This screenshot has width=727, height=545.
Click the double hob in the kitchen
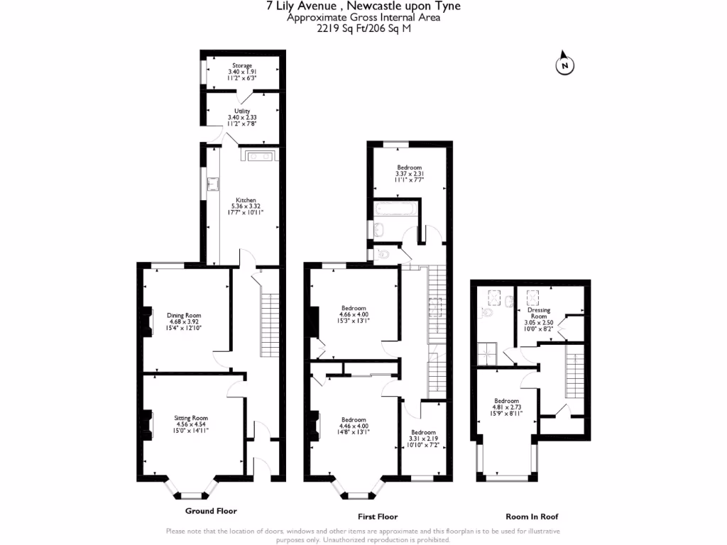click(x=259, y=156)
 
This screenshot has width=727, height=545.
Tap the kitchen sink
click(x=213, y=184)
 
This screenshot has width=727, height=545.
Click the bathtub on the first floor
click(x=396, y=209)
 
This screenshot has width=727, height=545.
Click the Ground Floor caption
click(x=211, y=511)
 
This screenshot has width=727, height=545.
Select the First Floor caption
click(x=378, y=517)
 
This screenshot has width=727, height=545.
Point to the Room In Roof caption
click(x=532, y=517)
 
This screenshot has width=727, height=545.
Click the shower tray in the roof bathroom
click(x=487, y=354)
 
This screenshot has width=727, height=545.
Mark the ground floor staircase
click(x=270, y=325)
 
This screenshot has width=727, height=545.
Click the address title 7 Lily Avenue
click(x=301, y=6)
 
